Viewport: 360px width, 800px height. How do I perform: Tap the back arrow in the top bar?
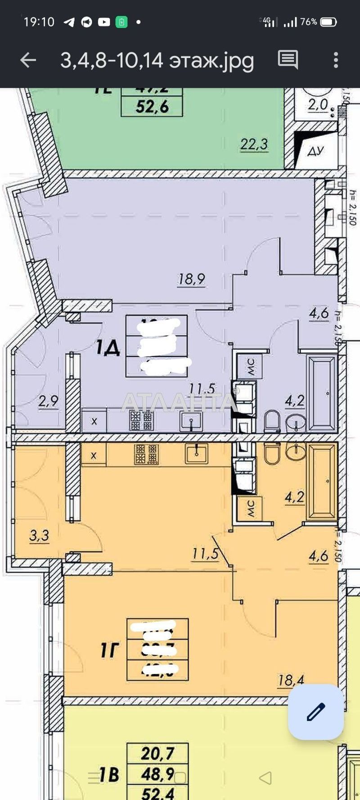click(x=28, y=60)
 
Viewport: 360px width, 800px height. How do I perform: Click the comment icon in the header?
click(x=288, y=59)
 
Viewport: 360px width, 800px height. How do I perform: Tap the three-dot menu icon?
click(x=336, y=60)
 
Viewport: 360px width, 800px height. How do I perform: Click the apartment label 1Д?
click(x=108, y=348)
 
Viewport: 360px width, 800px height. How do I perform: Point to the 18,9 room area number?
click(x=192, y=280)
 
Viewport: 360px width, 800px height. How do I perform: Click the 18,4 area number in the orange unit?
click(x=291, y=680)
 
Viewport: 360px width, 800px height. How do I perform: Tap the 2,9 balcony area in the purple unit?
click(x=48, y=401)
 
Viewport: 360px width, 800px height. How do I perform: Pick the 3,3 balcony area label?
click(x=39, y=536)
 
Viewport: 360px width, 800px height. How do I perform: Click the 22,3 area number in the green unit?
click(x=254, y=145)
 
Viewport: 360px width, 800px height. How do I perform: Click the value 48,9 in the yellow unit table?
click(x=157, y=774)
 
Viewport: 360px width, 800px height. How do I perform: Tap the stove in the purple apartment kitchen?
click(x=141, y=420)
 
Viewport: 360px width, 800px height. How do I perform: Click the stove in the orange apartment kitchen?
click(x=147, y=454)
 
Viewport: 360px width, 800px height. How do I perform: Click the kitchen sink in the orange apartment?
click(x=196, y=453)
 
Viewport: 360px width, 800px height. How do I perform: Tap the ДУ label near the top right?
click(x=315, y=151)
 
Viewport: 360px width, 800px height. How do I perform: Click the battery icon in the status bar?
click(x=328, y=22)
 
